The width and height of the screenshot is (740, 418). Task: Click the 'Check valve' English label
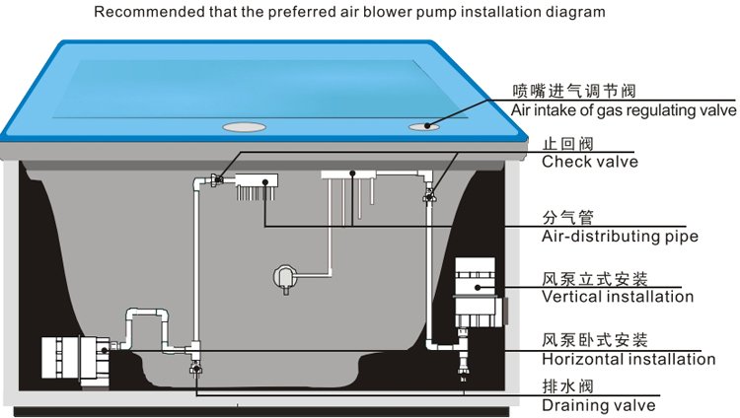(x=589, y=162)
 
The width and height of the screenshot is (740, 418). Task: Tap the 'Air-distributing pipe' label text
(x=620, y=237)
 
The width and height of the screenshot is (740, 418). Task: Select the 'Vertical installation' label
(x=618, y=297)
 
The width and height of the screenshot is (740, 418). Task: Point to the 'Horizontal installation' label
(x=629, y=359)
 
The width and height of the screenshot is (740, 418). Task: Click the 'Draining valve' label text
(x=599, y=405)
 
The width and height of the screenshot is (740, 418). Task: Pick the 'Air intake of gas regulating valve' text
(x=624, y=110)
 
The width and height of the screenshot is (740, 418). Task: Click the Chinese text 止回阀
(x=567, y=143)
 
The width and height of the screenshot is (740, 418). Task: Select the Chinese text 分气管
(x=567, y=218)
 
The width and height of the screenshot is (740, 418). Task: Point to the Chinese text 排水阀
(x=567, y=386)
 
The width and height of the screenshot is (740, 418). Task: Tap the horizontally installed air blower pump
(x=76, y=358)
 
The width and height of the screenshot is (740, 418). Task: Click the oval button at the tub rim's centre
(x=244, y=127)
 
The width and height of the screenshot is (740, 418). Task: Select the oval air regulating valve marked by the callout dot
(x=424, y=126)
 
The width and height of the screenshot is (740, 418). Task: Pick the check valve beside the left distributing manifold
(x=218, y=179)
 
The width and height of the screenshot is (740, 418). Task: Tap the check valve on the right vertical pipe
(x=429, y=195)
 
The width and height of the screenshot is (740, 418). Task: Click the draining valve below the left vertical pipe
(x=196, y=368)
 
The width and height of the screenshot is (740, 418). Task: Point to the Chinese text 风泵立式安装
(x=595, y=279)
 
